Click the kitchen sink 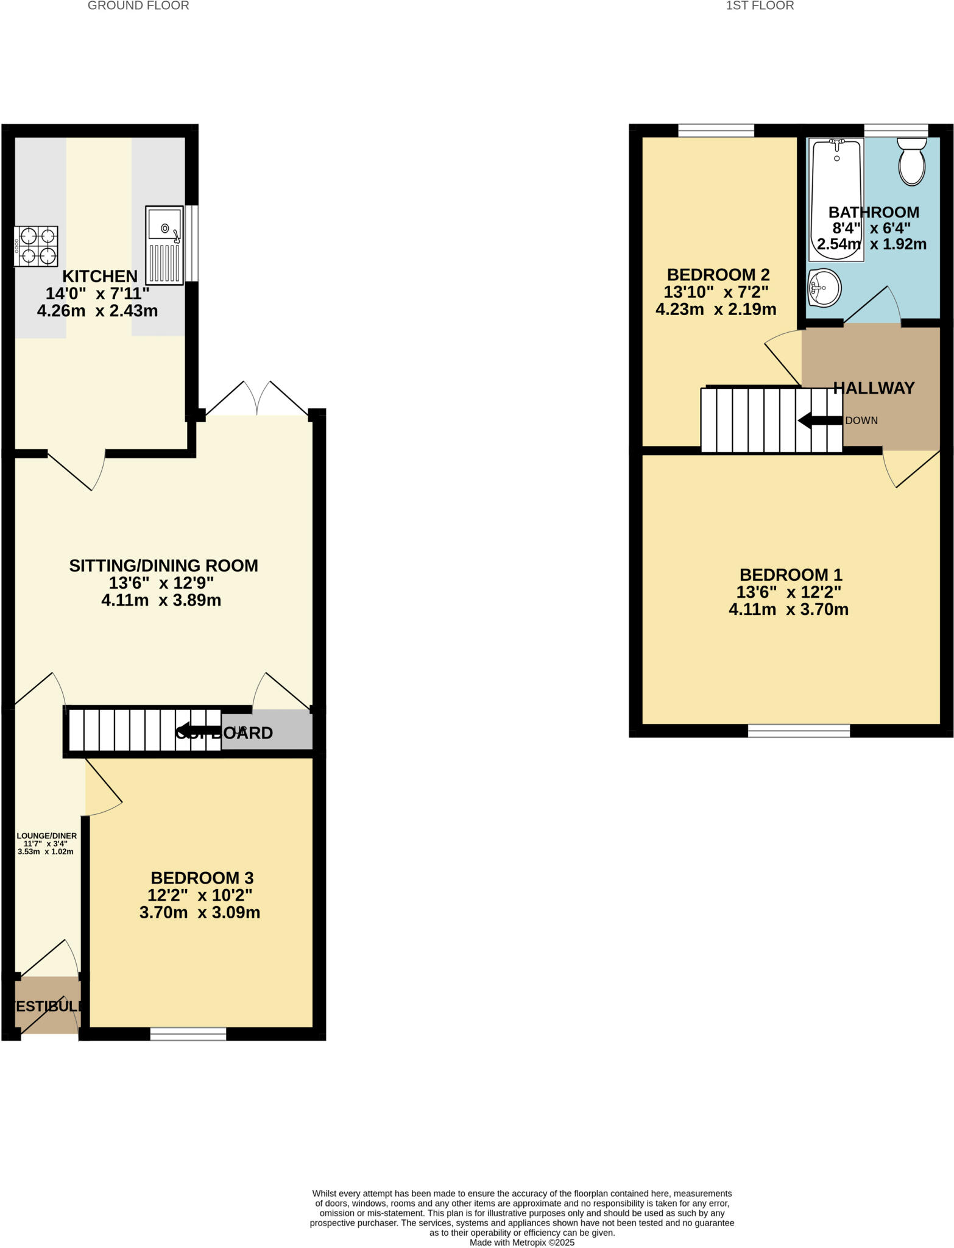tap(164, 245)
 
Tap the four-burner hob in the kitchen tap(37, 246)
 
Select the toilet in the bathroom tap(911, 161)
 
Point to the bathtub tap(836, 199)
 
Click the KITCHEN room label tap(100, 276)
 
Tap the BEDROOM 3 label tap(202, 878)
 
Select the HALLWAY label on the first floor tap(874, 388)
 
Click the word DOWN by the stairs tap(861, 420)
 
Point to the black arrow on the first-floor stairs tap(820, 420)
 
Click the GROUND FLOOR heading tap(138, 6)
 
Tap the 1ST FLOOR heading tap(760, 6)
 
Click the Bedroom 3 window tap(188, 1033)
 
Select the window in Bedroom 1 tap(799, 731)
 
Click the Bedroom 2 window tap(716, 130)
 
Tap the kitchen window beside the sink tap(192, 244)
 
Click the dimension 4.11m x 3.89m tap(161, 601)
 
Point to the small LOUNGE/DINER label tap(46, 836)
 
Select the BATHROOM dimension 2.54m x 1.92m tap(871, 245)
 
